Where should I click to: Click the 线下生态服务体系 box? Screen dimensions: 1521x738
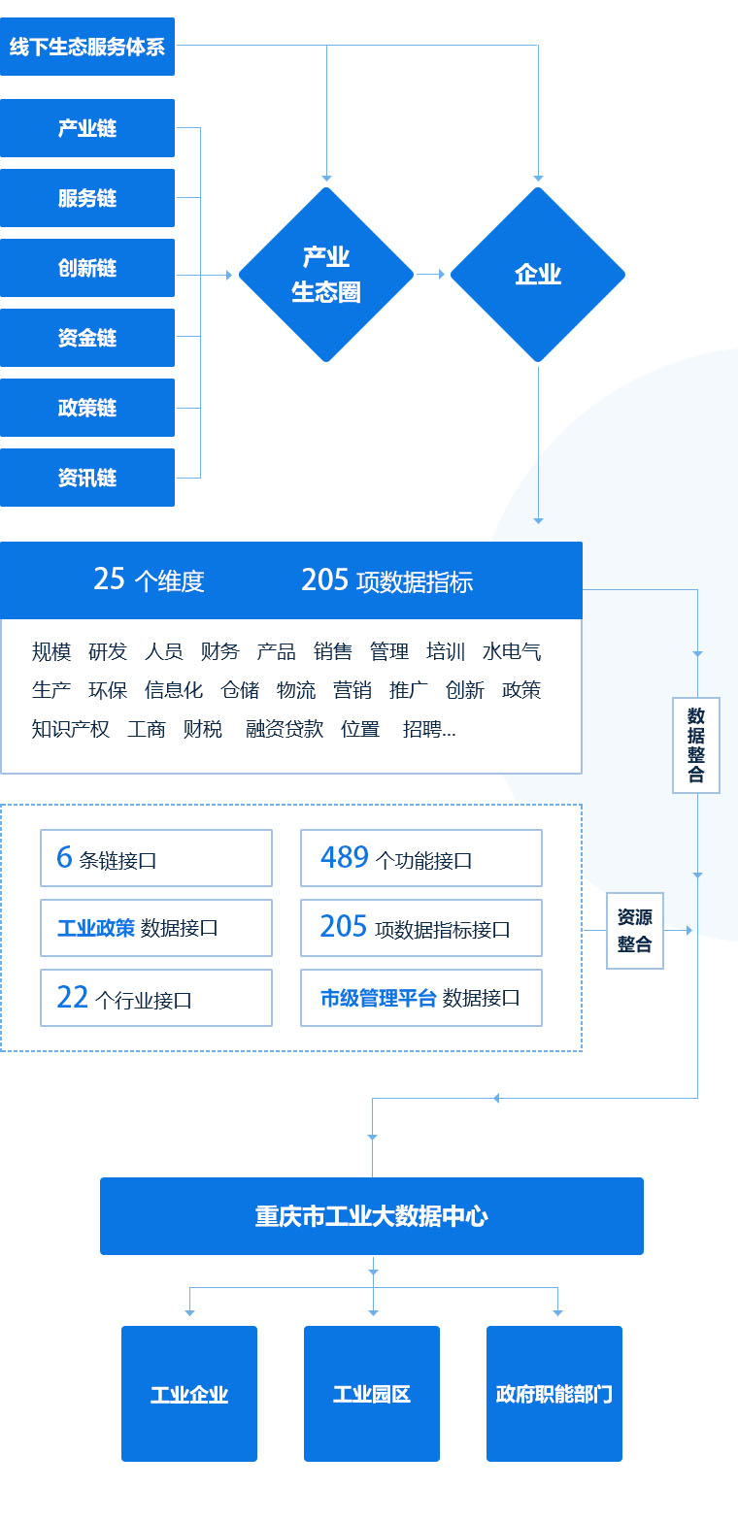click(x=87, y=47)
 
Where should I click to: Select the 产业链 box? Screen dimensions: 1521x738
click(x=87, y=128)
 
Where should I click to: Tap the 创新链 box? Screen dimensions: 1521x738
click(x=87, y=268)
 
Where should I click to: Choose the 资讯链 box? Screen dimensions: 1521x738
click(x=87, y=478)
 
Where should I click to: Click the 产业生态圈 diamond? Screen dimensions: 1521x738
click(x=326, y=275)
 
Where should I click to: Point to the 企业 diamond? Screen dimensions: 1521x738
click(x=538, y=275)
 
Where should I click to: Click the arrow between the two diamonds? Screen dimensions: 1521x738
click(x=431, y=275)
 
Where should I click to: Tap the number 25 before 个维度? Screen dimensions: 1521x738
click(x=110, y=579)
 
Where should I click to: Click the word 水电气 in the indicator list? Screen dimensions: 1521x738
click(x=512, y=651)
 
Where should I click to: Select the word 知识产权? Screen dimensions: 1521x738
click(x=71, y=729)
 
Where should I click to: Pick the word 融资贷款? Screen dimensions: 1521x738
click(x=285, y=729)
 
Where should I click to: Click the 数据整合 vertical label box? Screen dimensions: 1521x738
click(x=696, y=744)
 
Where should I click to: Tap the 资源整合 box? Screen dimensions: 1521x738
click(x=635, y=931)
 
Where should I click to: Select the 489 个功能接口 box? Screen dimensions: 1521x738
click(x=421, y=858)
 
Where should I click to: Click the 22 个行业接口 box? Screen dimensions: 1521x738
click(x=156, y=998)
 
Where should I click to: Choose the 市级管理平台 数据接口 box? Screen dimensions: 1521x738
click(x=421, y=998)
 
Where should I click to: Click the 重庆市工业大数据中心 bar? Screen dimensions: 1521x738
click(x=372, y=1216)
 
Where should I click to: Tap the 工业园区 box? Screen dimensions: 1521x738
click(x=372, y=1394)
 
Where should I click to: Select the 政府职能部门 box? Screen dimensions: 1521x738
click(x=554, y=1394)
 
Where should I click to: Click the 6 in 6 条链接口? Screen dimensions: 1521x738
click(x=65, y=857)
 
